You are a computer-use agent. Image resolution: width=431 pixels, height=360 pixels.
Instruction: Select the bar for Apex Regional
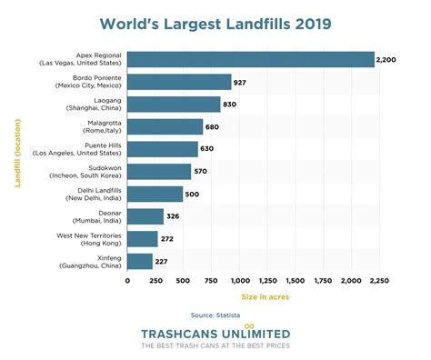point(250,59)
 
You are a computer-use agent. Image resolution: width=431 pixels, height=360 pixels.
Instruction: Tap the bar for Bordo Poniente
point(179,82)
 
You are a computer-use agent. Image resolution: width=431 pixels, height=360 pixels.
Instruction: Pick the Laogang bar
point(174,104)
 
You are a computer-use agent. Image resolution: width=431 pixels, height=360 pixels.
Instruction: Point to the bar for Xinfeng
point(140,261)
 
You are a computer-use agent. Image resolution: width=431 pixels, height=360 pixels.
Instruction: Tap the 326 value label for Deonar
point(176,216)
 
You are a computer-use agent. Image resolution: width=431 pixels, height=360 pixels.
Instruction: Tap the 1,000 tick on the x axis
point(240,282)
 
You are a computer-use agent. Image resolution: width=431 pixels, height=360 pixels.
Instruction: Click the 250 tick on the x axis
point(155,282)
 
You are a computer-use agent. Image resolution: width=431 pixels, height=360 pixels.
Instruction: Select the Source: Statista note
point(215,315)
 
